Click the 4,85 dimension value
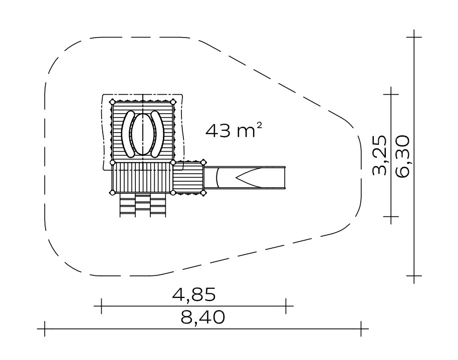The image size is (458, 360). click(194, 294)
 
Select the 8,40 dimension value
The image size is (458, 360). click(203, 317)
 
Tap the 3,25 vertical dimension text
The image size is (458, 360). click(380, 155)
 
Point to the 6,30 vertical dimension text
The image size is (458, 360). click(403, 156)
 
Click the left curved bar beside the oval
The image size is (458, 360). click(128, 134)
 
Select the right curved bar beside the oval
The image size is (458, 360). click(158, 134)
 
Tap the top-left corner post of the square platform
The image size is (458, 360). click(112, 102)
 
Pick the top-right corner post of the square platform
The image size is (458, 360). click(173, 102)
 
